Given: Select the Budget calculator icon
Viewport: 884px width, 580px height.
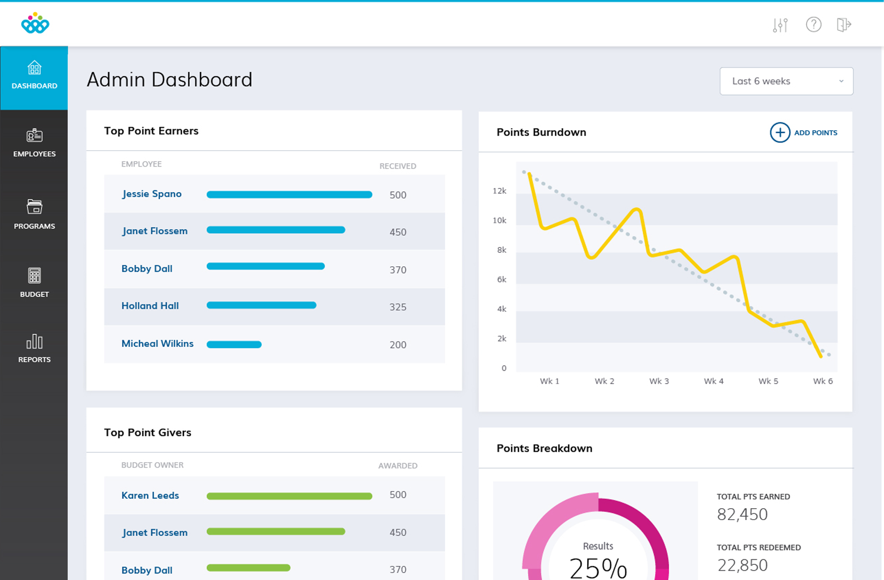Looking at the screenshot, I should (34, 275).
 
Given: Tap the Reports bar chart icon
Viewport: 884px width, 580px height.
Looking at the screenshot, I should (34, 342).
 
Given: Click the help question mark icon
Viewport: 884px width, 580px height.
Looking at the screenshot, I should (814, 24).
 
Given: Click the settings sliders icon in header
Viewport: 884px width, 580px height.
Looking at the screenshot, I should (780, 25).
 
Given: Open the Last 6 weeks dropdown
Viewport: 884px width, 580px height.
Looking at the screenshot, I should (786, 81).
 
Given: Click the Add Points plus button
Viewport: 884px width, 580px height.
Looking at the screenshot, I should (780, 133).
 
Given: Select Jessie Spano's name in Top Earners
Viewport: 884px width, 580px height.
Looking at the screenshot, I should (151, 194).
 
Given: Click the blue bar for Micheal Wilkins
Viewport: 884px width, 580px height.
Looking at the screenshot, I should (234, 344).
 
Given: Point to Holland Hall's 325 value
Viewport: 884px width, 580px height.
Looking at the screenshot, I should (398, 307).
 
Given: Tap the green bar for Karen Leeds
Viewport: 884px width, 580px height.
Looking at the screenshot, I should (289, 496).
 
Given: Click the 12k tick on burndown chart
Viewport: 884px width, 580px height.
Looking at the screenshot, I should (499, 191).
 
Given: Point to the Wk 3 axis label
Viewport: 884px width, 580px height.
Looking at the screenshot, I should (659, 381).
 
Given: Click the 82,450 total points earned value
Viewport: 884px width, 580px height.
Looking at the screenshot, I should (742, 514).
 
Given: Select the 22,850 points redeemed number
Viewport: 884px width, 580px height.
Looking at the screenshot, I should (742, 565).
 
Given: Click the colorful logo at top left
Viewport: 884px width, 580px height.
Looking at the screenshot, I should (35, 23).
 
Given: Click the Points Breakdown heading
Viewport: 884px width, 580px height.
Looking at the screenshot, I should (544, 448).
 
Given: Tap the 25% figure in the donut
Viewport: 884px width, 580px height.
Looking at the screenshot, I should (598, 568).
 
